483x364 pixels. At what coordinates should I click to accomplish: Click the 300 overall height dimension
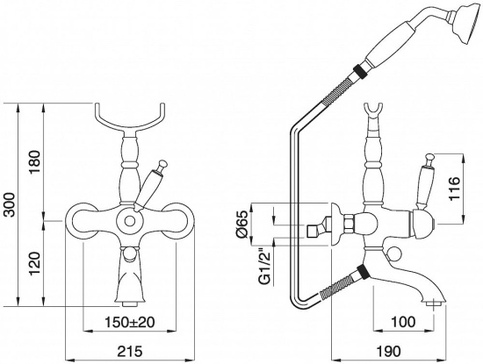pyautogui.click(x=10, y=204)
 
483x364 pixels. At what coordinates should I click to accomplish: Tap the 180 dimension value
pyautogui.click(x=35, y=162)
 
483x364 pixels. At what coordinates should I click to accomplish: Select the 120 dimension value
pyautogui.click(x=35, y=264)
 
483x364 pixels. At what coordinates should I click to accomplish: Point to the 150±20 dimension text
pyautogui.click(x=130, y=322)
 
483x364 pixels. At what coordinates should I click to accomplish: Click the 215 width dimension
pyautogui.click(x=130, y=351)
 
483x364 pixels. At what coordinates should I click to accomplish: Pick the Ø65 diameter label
pyautogui.click(x=241, y=225)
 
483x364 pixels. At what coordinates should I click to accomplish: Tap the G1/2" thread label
pyautogui.click(x=267, y=267)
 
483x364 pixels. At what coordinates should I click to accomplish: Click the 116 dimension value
pyautogui.click(x=454, y=189)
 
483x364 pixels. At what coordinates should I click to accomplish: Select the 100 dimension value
pyautogui.click(x=403, y=322)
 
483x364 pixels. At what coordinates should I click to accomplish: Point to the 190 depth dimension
pyautogui.click(x=389, y=351)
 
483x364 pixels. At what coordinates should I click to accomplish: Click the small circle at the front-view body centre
pyautogui.click(x=130, y=221)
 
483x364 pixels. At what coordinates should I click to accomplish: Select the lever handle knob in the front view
pyautogui.click(x=163, y=165)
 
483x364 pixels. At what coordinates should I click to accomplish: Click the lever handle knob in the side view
pyautogui.click(x=429, y=158)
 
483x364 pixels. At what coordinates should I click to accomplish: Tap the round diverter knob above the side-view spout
pyautogui.click(x=393, y=254)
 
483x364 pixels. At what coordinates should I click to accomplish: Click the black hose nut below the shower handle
pyautogui.click(x=359, y=71)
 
